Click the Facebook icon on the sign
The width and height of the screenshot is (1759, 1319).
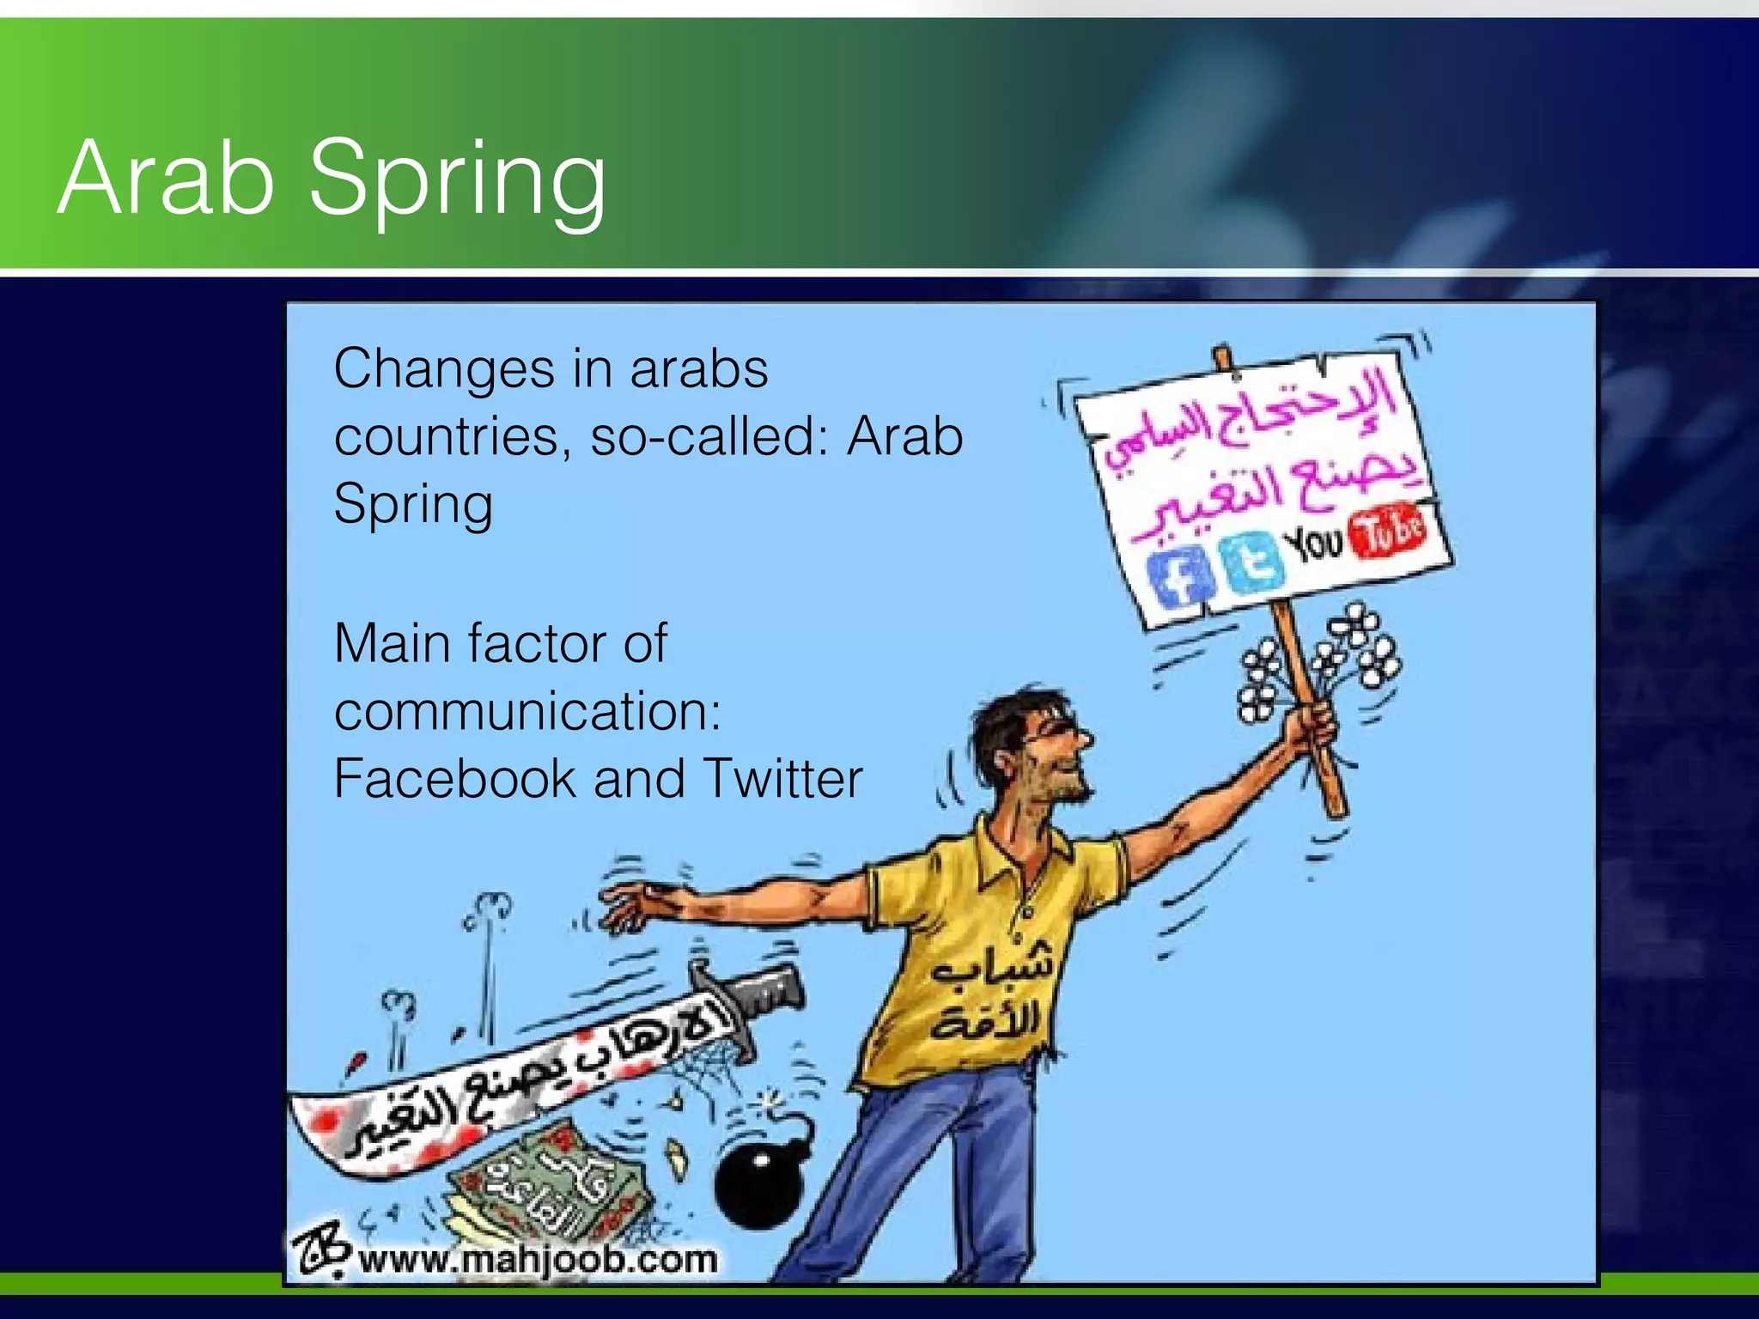(x=1181, y=578)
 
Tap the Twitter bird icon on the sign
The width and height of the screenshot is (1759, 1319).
(x=1252, y=562)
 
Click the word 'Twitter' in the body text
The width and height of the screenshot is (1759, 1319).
(x=782, y=779)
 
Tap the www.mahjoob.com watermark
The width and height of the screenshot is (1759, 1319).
(x=538, y=1260)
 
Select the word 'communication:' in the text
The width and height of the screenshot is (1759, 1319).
(x=527, y=712)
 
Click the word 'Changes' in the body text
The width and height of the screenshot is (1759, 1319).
(x=443, y=370)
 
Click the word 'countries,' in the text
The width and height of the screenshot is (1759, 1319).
(x=452, y=437)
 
